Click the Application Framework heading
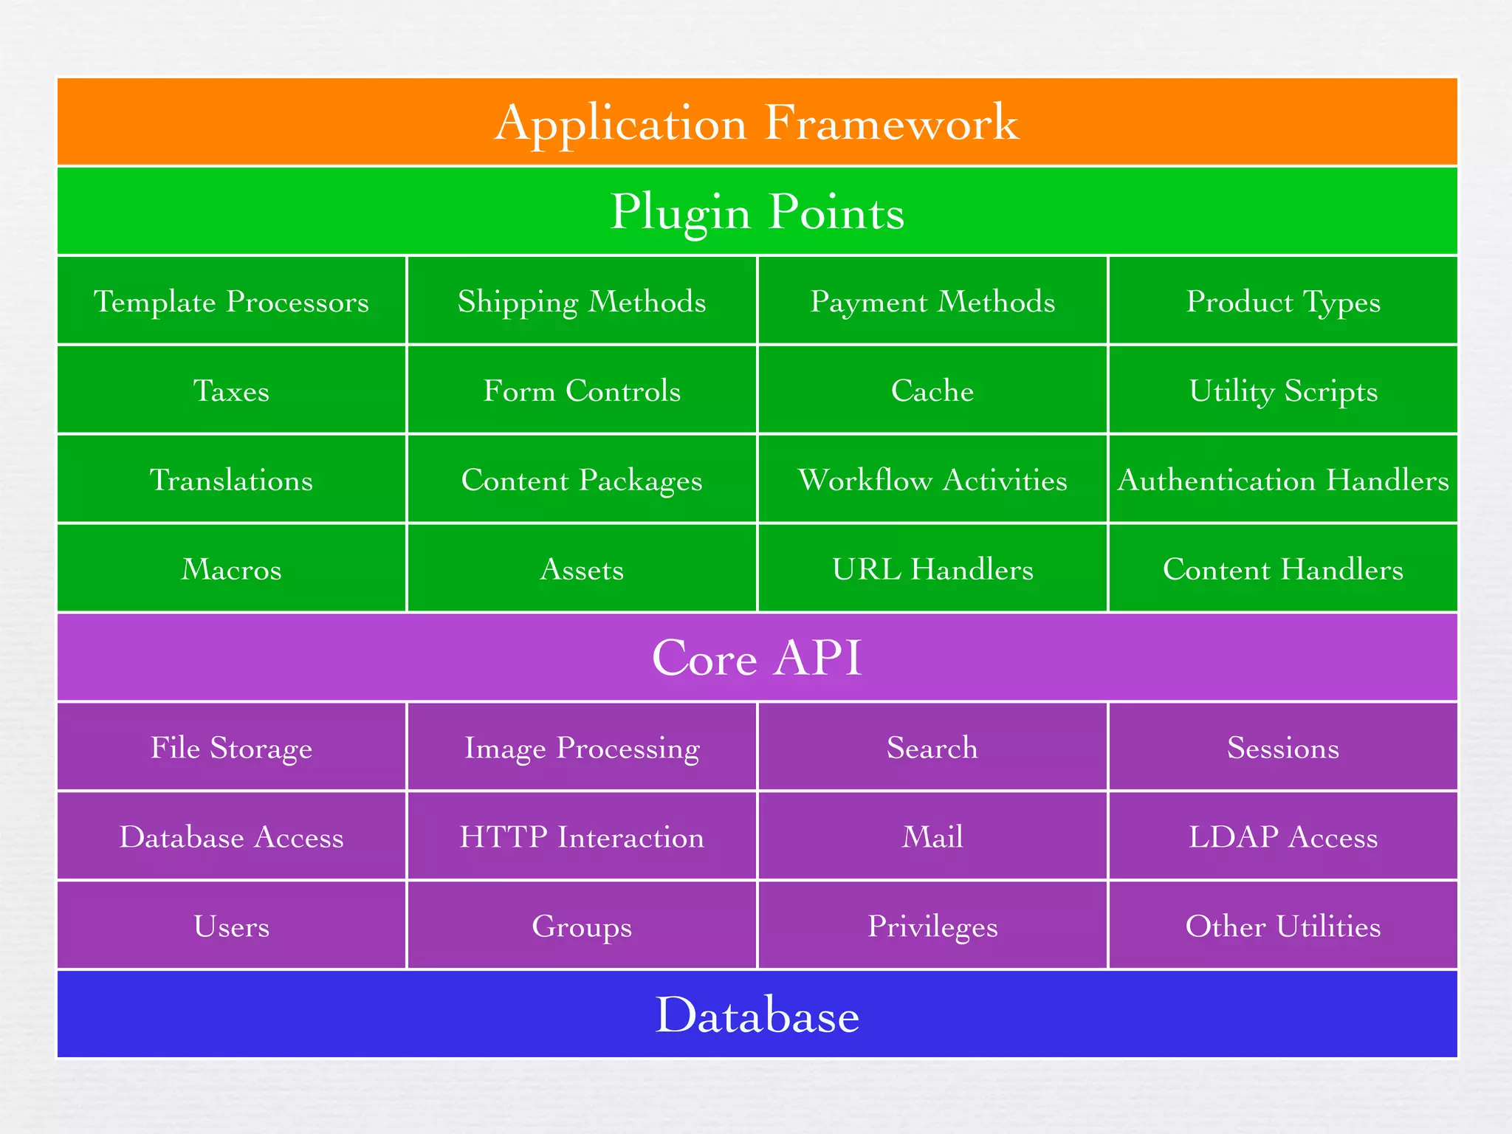[757, 123]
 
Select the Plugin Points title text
[757, 212]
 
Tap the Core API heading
[757, 657]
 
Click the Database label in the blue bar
[757, 1015]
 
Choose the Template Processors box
[231, 301]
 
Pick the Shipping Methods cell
[582, 301]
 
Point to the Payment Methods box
[932, 301]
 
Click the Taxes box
[231, 391]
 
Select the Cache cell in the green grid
[932, 391]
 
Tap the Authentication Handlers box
[1283, 480]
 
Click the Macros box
[231, 569]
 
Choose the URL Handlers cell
[932, 569]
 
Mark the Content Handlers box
[1283, 569]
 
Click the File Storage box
[231, 748]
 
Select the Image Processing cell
[582, 748]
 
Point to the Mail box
[932, 837]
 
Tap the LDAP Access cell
[1283, 837]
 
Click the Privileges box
[932, 927]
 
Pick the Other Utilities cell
[1283, 927]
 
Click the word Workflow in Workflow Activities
[865, 480]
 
